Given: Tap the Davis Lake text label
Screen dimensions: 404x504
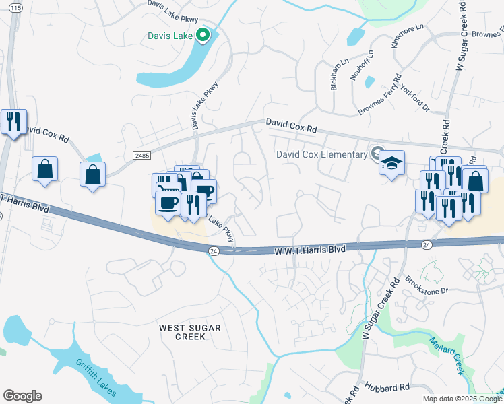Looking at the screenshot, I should [x=171, y=36].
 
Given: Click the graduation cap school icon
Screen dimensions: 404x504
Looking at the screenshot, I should [x=391, y=164].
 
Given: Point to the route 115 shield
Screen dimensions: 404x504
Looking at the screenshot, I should [x=17, y=7].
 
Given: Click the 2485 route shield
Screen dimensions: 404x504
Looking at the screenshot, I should [x=141, y=156].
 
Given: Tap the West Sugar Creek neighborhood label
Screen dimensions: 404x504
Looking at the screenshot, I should [x=189, y=331].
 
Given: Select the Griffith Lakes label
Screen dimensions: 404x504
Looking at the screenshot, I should [x=94, y=374].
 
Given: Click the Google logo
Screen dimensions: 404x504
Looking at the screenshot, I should [x=22, y=396].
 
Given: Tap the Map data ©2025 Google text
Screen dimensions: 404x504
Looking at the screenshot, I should [x=462, y=399].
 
